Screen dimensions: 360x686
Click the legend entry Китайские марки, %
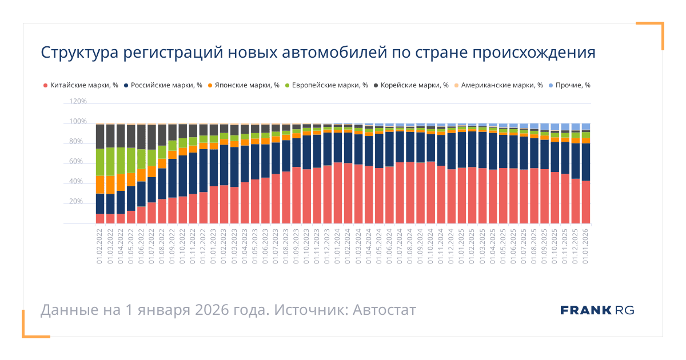(81, 85)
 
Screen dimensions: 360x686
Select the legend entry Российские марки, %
(163, 85)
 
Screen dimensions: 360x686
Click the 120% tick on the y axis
(78, 101)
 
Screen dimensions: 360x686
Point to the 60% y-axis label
(78, 162)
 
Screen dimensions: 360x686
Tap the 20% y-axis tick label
(78, 202)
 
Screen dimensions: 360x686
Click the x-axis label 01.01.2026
(586, 246)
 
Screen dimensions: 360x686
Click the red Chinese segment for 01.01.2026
(585, 202)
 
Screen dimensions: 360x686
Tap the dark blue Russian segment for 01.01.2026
(585, 162)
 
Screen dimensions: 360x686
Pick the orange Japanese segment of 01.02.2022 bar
(100, 185)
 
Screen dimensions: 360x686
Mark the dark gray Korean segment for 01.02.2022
(100, 136)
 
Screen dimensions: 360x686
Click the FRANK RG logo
(597, 310)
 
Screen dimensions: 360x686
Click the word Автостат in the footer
(384, 310)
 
